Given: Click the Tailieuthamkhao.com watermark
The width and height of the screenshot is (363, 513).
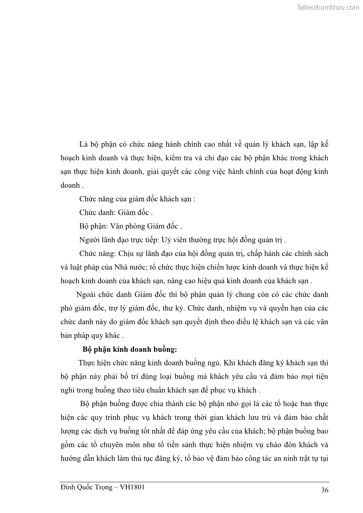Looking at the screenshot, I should pyautogui.click(x=328, y=7).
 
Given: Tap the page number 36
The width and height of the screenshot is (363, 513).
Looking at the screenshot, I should pyautogui.click(x=325, y=490).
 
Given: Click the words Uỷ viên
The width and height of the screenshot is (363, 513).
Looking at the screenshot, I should pyautogui.click(x=167, y=240).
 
